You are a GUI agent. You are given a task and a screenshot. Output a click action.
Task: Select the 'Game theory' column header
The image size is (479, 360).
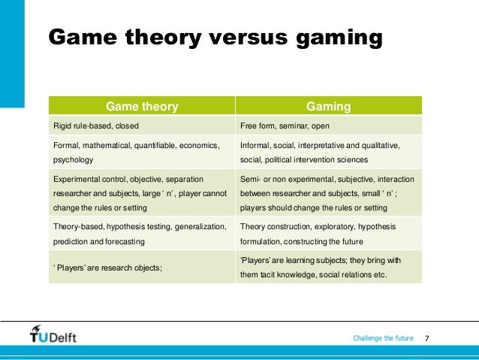[142, 107]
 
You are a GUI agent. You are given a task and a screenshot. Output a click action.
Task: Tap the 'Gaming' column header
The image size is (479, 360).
[329, 107]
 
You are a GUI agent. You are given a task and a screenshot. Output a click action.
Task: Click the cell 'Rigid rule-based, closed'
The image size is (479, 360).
[95, 126]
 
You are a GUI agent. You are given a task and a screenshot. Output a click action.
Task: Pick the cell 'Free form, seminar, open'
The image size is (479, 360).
[284, 126]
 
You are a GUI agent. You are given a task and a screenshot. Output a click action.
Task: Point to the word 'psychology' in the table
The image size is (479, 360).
[74, 160]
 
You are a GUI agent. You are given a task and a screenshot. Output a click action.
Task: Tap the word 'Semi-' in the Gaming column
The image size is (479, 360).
[250, 180]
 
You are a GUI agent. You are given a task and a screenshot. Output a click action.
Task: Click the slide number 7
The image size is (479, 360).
[427, 338]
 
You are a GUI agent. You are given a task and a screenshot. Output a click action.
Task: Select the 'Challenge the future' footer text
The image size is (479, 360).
[383, 338]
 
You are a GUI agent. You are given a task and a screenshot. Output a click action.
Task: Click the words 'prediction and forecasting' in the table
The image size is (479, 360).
[101, 242]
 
